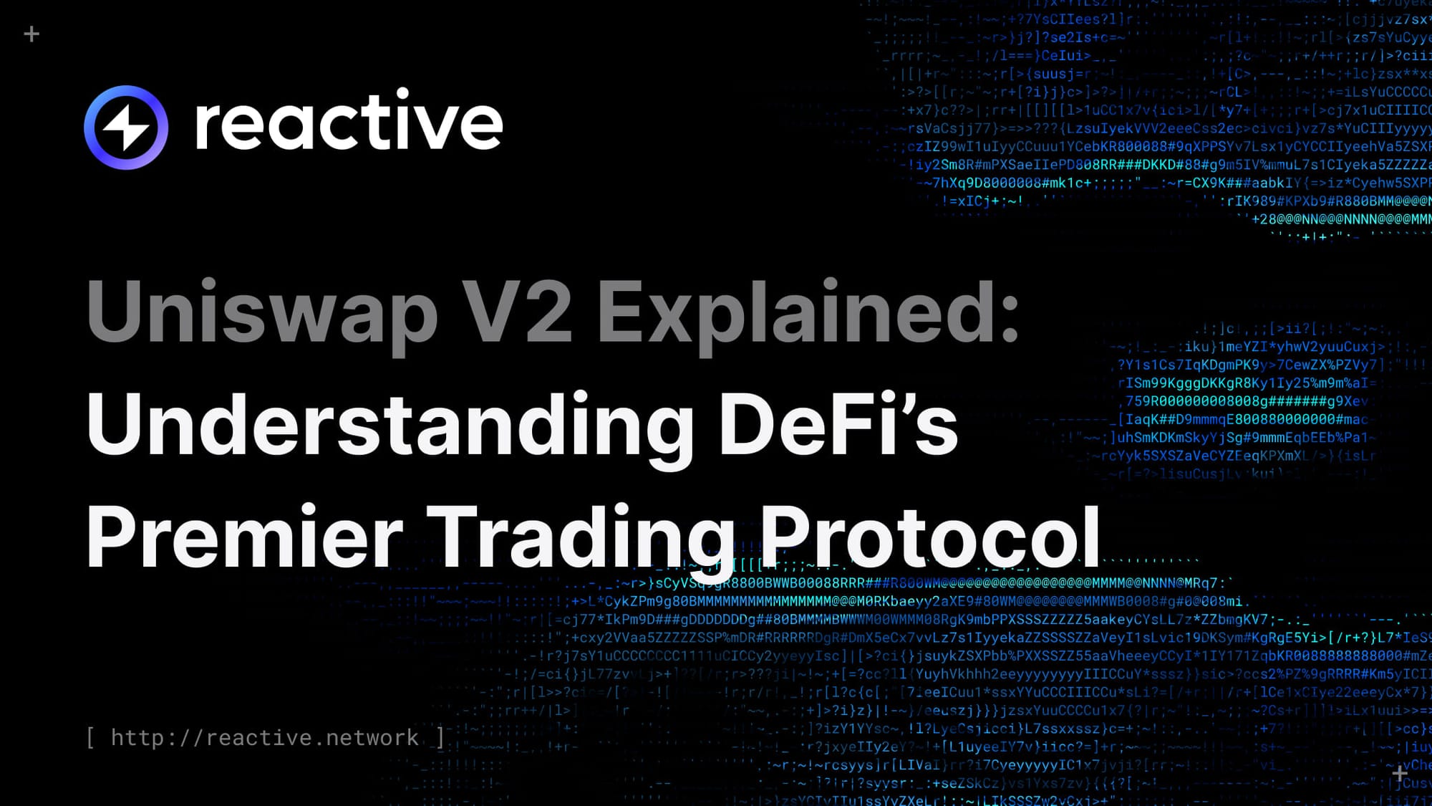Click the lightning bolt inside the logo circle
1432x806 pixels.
tap(126, 128)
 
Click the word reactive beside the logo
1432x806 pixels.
tap(349, 123)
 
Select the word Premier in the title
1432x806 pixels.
tap(244, 537)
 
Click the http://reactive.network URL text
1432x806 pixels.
tap(265, 737)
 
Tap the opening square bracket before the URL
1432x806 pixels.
tap(91, 737)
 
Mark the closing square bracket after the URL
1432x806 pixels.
tap(440, 737)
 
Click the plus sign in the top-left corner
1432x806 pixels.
tap(32, 34)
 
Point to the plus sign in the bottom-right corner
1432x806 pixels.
tap(1400, 773)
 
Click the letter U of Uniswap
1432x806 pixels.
tap(115, 311)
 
